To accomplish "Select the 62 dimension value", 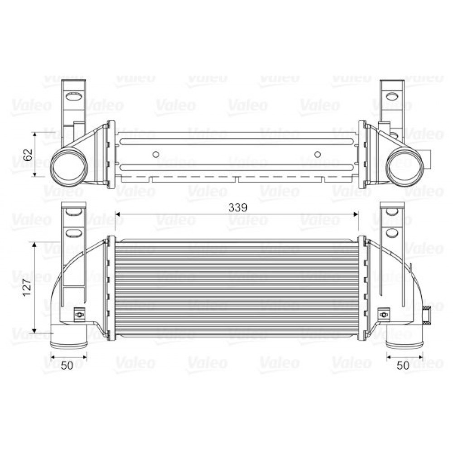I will pyautogui.click(x=28, y=154).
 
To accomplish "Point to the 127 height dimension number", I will pyautogui.click(x=27, y=287).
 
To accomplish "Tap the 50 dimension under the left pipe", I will pyautogui.click(x=67, y=366).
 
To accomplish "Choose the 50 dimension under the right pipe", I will pyautogui.click(x=403, y=366).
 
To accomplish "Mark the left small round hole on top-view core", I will pyautogui.click(x=156, y=154).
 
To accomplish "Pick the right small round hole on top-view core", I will pyautogui.click(x=318, y=154).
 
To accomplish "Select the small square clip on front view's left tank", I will pyautogui.click(x=79, y=314).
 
